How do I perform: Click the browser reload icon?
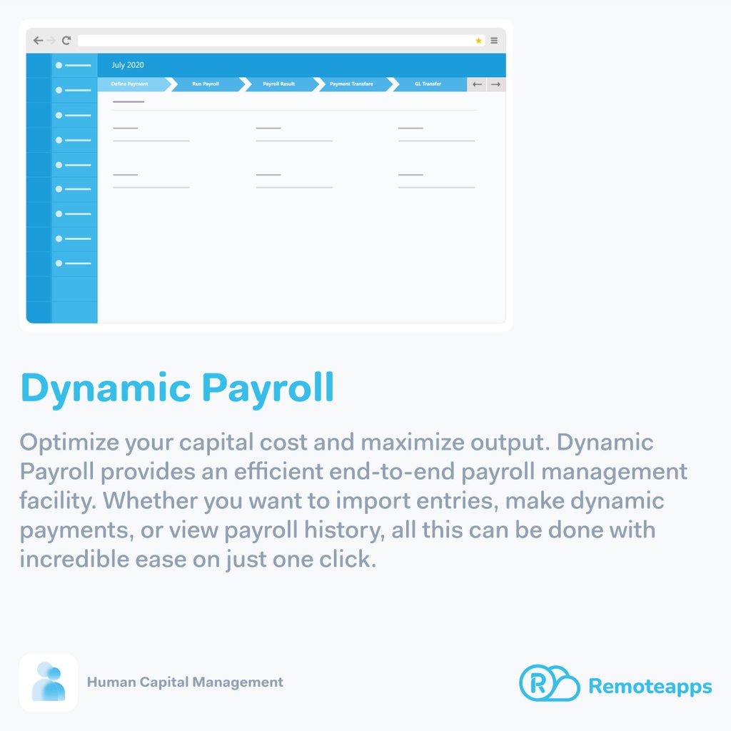click(66, 41)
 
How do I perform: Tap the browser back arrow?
click(38, 41)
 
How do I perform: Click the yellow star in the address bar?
click(478, 41)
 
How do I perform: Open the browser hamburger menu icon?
click(494, 41)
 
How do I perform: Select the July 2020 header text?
click(128, 65)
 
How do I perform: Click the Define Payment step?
click(130, 84)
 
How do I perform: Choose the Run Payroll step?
click(206, 84)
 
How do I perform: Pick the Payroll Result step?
click(278, 84)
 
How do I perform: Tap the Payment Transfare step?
click(351, 84)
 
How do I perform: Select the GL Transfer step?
click(428, 84)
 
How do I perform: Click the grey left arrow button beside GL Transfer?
click(477, 84)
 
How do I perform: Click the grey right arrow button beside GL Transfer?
click(495, 84)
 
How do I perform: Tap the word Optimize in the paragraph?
click(69, 443)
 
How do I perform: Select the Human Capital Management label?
click(185, 682)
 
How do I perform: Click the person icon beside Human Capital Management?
click(49, 682)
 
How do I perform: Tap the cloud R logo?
click(548, 683)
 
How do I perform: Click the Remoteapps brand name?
click(650, 687)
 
